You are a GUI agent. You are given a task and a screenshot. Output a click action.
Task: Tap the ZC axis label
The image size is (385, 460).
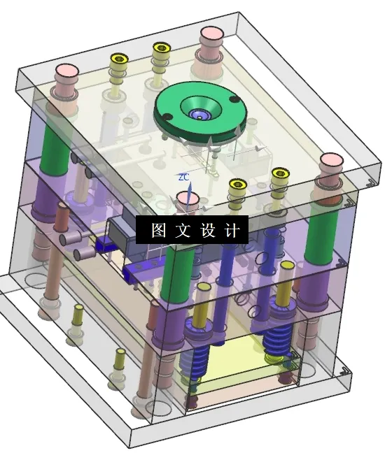coord(183,178)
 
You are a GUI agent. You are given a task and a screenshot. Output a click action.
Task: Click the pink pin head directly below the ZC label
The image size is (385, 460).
coord(187,199)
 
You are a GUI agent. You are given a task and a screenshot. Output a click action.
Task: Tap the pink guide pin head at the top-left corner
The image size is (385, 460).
coord(66,71)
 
